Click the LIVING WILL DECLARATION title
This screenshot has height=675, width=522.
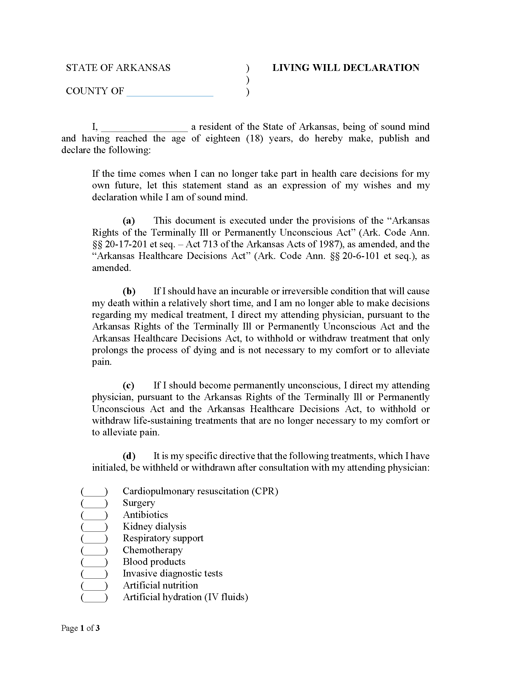coord(345,68)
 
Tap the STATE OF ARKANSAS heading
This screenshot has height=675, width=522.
coord(118,68)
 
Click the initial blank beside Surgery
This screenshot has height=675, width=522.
coord(94,503)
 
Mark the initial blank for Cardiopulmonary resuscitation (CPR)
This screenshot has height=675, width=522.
coord(94,492)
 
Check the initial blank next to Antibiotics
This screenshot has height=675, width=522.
coord(94,515)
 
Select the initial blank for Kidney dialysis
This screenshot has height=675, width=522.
coord(94,527)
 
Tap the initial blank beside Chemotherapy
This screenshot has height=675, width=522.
coord(94,550)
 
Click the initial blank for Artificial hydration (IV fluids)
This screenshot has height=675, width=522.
coord(94,597)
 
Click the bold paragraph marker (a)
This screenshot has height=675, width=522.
coord(129,221)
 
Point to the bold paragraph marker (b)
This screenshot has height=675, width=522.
coord(129,291)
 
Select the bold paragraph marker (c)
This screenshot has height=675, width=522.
coord(129,385)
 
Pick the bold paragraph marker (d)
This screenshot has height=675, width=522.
coord(129,456)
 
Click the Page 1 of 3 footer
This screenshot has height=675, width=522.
coord(80,628)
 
